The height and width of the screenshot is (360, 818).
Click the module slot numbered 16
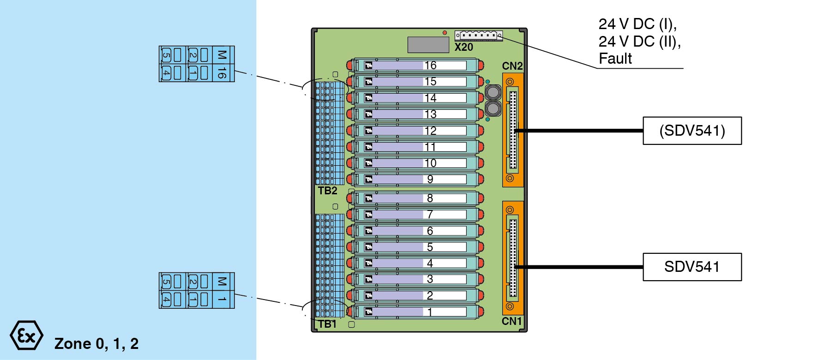[415, 66]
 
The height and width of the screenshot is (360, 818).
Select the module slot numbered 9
[415, 179]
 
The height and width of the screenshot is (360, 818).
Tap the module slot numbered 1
[415, 312]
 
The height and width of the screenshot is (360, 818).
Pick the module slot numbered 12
[415, 131]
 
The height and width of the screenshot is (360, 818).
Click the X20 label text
[463, 47]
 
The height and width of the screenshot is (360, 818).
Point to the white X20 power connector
[478, 35]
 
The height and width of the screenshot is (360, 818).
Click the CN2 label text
[512, 66]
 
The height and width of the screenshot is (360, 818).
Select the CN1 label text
[511, 321]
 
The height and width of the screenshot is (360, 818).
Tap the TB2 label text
[327, 191]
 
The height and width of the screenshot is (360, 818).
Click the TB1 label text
[327, 324]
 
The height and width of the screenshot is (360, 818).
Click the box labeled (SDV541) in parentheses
[692, 131]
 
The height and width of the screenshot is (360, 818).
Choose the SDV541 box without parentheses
[692, 267]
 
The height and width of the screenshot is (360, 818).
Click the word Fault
[615, 59]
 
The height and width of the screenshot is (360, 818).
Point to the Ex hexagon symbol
[26, 335]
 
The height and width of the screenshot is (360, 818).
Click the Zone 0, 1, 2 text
[96, 344]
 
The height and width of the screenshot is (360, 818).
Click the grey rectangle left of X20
[428, 45]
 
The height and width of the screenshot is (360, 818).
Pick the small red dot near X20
[445, 33]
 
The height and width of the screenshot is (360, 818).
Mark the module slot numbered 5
[415, 247]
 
